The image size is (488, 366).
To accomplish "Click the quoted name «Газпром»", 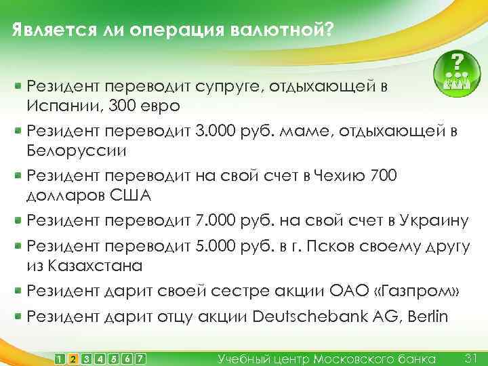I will coord(416,291).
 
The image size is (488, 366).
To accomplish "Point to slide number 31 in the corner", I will coord(472,357).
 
